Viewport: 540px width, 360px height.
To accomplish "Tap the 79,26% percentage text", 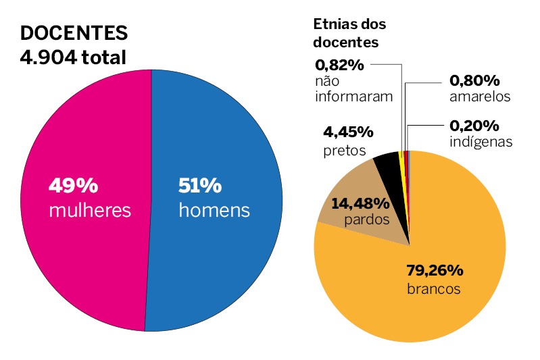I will click(x=434, y=271).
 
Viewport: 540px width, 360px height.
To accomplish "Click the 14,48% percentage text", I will click(x=360, y=203).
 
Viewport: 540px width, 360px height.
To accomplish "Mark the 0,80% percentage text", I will click(x=474, y=80).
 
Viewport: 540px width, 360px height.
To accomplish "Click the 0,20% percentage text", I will click(x=474, y=126).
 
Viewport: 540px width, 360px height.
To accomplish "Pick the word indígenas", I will click(x=481, y=142).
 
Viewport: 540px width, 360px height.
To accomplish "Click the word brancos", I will click(x=433, y=288).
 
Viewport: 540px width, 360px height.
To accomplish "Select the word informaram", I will click(x=353, y=96).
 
